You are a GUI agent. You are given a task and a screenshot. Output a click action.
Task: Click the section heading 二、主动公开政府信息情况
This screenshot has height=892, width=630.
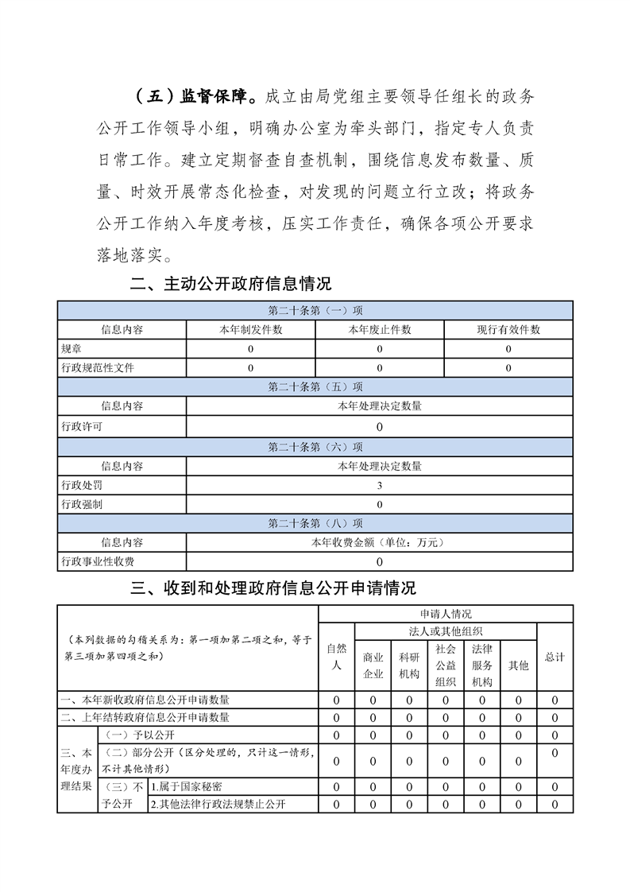coord(230,284)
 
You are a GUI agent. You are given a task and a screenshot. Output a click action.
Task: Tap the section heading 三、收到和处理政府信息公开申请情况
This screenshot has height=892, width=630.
coord(273,588)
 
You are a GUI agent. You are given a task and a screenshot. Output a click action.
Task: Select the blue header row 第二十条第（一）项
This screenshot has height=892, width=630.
coord(315,311)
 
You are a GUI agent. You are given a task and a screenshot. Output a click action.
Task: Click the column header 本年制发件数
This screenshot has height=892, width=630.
coord(251,330)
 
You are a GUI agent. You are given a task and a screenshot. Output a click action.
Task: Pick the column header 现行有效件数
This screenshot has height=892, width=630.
coord(508,330)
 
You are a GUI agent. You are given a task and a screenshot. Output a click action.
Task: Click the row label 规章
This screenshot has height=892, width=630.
coord(72,349)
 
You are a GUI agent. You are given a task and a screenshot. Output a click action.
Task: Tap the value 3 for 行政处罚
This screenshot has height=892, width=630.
coord(380,486)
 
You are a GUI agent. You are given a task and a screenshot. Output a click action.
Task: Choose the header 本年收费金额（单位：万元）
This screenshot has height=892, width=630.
coord(380,543)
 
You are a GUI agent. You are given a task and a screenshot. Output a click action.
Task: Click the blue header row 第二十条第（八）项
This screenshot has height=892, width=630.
coord(315,524)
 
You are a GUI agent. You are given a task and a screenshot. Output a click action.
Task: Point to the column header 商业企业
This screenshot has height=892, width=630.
coord(373,666)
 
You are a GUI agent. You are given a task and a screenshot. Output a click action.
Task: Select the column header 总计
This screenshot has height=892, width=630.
coord(555,657)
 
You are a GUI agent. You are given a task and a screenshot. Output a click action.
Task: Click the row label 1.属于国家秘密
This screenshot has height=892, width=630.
coord(187,786)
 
